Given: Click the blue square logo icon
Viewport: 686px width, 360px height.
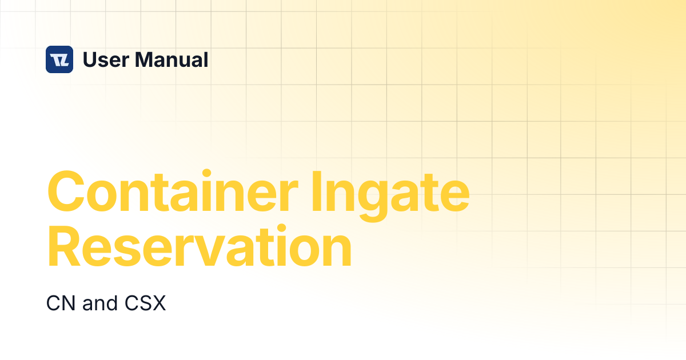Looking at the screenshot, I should tap(59, 59).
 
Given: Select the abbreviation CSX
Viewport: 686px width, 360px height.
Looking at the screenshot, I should tap(145, 303).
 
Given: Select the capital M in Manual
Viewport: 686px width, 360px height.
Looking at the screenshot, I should tap(145, 59).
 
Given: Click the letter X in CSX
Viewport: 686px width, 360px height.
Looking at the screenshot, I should tap(159, 303).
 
